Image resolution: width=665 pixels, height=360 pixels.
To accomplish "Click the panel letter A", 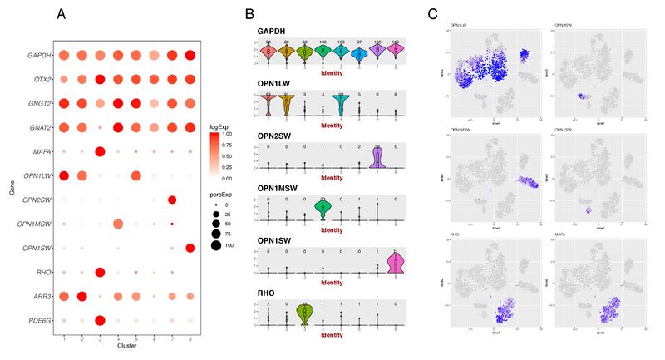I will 62,14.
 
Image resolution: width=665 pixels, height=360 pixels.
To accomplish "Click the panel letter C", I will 432,14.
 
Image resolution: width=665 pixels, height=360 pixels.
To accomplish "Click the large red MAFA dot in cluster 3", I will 100,152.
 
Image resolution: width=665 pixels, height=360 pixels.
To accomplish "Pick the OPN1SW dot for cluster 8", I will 190,248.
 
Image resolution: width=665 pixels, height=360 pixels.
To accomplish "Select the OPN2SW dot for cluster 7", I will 172,200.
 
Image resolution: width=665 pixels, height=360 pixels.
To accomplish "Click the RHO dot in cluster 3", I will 100,272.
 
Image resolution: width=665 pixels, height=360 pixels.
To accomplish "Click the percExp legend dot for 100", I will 218,246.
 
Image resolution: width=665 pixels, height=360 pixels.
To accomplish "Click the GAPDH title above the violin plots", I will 271,32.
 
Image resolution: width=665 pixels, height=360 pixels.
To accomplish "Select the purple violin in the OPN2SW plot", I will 377,156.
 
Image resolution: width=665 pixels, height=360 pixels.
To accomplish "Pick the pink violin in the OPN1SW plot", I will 396,261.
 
